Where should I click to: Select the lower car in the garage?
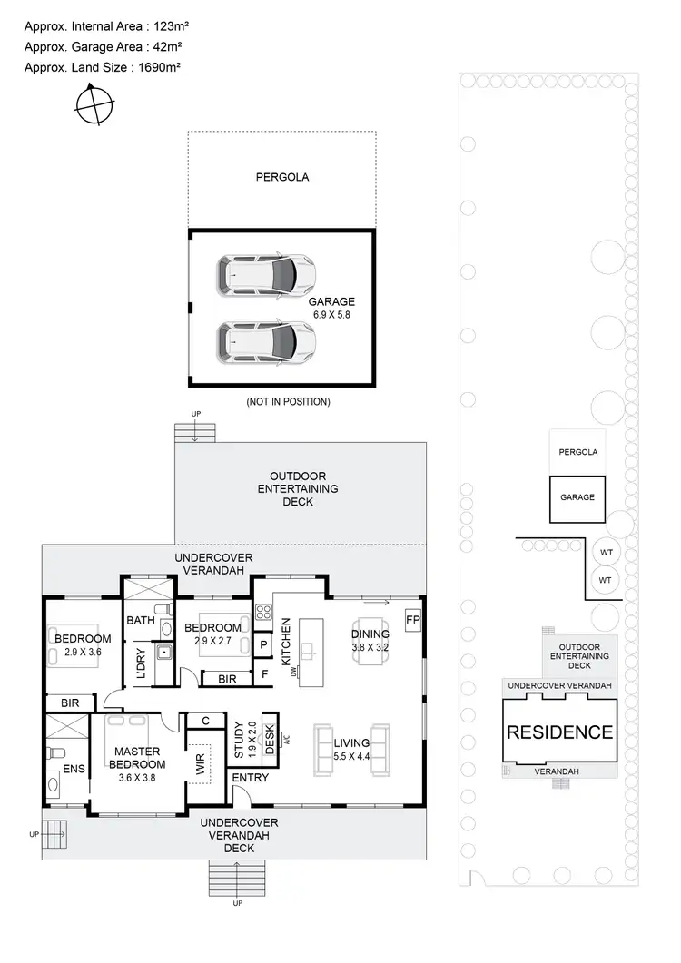[266, 341]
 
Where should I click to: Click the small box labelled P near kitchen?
[263, 644]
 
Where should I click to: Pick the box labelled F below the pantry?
[263, 674]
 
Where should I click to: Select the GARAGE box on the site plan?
[577, 497]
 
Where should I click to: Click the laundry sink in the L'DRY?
[163, 651]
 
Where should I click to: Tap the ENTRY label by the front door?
[250, 778]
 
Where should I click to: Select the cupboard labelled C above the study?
[206, 721]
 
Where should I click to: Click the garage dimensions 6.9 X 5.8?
[331, 315]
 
